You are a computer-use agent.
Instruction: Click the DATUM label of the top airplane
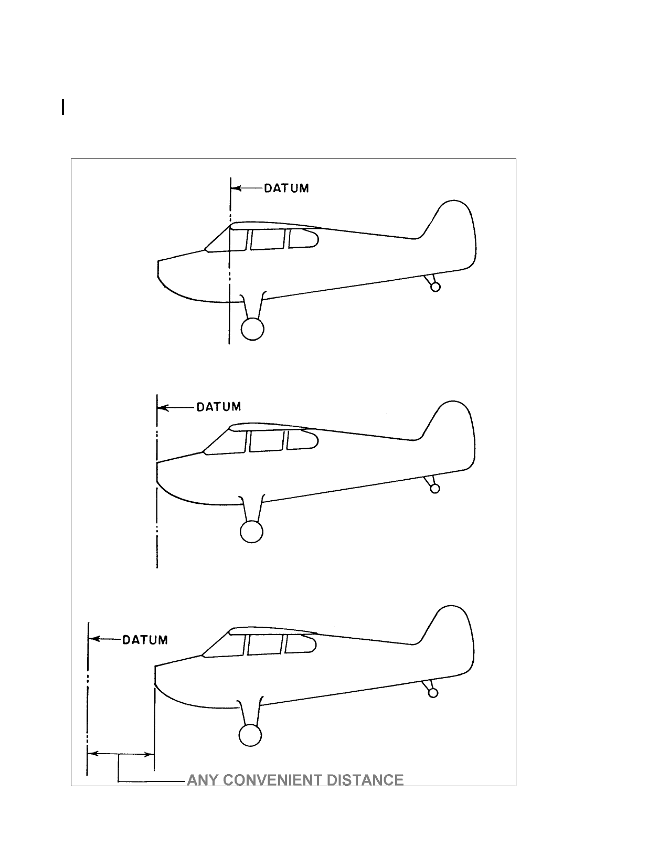point(286,188)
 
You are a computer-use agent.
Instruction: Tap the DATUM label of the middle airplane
point(219,407)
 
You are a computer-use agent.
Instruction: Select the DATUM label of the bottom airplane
point(145,640)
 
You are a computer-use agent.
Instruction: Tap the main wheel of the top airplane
point(252,329)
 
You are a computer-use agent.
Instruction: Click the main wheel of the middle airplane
point(251,532)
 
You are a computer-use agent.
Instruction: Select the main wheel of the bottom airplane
point(250,735)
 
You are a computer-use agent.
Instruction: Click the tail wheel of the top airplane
point(436,287)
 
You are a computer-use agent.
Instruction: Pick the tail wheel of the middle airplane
point(434,489)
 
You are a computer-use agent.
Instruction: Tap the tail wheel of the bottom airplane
point(433,693)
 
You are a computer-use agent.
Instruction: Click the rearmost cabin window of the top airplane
point(303,238)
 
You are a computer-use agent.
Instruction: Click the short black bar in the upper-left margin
point(63,108)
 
